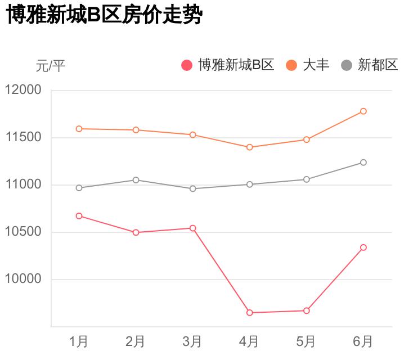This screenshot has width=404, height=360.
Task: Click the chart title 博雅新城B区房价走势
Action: pyautogui.click(x=104, y=15)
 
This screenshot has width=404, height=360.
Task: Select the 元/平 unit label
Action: pyautogui.click(x=51, y=66)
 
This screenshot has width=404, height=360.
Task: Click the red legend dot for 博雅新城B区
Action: pyautogui.click(x=187, y=65)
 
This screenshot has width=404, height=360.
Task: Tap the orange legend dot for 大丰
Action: pyautogui.click(x=291, y=65)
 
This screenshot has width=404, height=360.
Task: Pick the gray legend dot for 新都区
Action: pyautogui.click(x=347, y=65)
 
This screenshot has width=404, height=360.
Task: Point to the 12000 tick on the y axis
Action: pyautogui.click(x=23, y=90)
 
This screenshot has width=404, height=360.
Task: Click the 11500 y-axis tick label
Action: pyautogui.click(x=23, y=137)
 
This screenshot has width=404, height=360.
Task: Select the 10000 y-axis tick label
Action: pyautogui.click(x=23, y=280)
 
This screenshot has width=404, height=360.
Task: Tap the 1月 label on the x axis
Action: pyautogui.click(x=79, y=341)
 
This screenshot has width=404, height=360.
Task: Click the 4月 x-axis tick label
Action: pyautogui.click(x=249, y=341)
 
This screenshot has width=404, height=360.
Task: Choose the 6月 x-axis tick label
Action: pyautogui.click(x=363, y=341)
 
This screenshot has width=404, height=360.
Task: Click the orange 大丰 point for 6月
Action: pyautogui.click(x=363, y=111)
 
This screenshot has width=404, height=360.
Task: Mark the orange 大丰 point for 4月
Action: pyautogui.click(x=250, y=147)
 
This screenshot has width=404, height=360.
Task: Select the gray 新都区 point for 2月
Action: pyautogui.click(x=136, y=180)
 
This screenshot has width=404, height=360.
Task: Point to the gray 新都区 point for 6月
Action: pyautogui.click(x=363, y=163)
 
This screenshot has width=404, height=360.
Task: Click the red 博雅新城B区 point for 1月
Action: pyautogui.click(x=79, y=216)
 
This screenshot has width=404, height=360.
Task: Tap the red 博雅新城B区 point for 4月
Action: pyautogui.click(x=250, y=313)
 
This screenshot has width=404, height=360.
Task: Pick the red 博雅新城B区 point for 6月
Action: pyautogui.click(x=363, y=247)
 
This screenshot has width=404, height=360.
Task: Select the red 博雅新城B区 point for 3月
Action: pyautogui.click(x=193, y=228)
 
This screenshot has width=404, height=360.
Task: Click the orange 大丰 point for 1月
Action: pyautogui.click(x=79, y=129)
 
